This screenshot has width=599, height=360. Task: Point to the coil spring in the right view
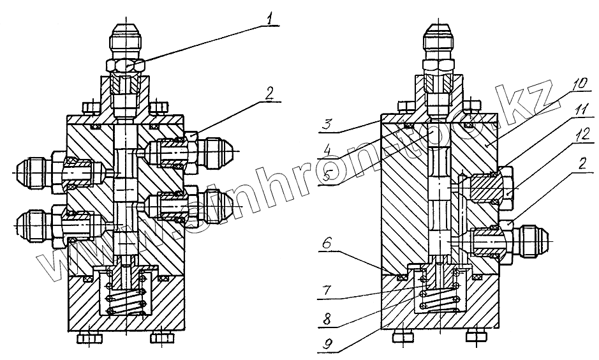(x=438, y=295)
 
